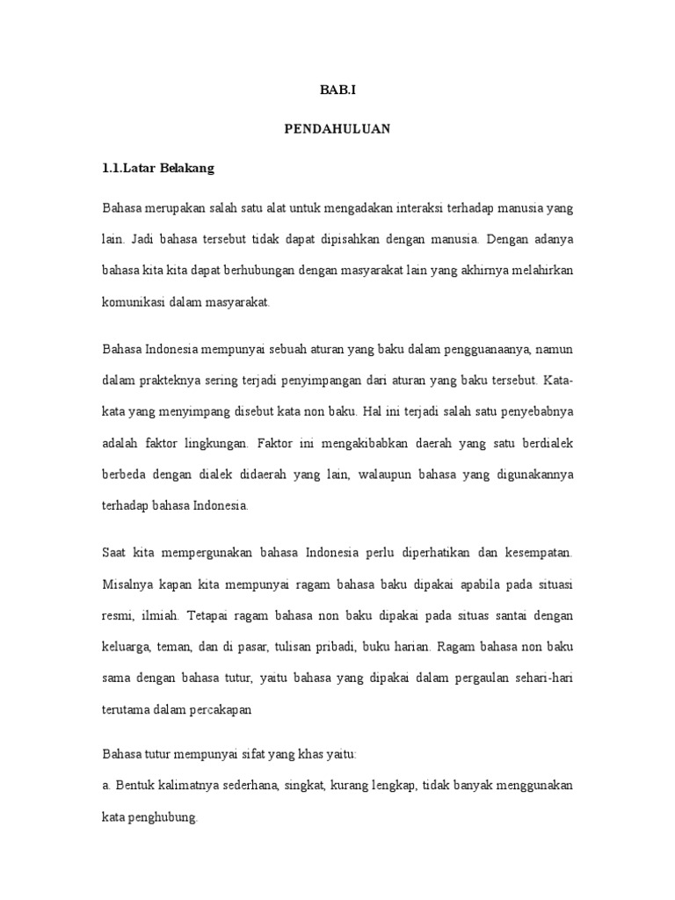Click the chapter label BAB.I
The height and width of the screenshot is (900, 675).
[x=337, y=90]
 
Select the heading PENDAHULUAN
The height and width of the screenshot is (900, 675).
[x=337, y=129]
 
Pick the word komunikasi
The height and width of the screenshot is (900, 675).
[x=134, y=303]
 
